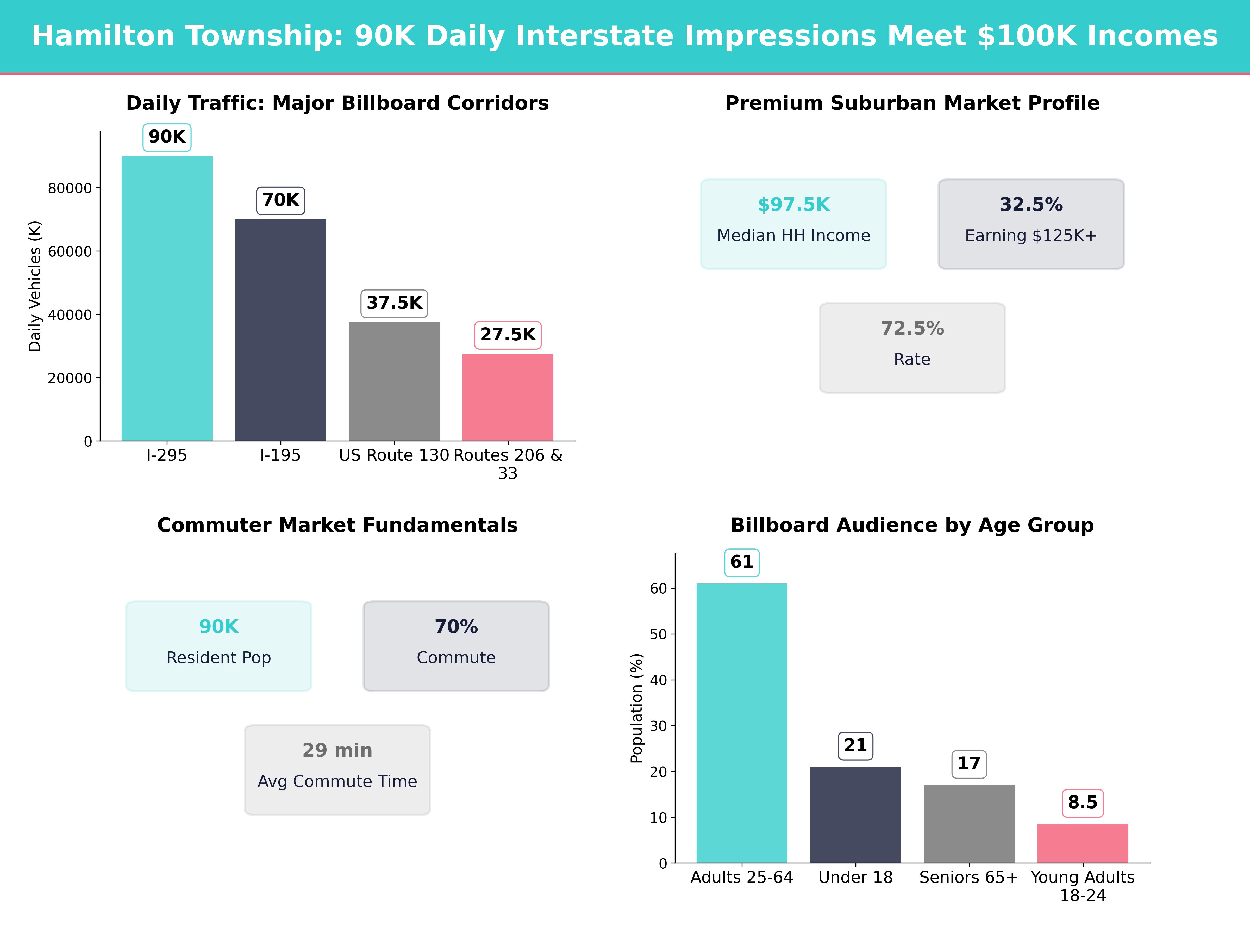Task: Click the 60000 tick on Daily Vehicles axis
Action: pyautogui.click(x=70, y=252)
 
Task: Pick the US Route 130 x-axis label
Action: pyautogui.click(x=394, y=455)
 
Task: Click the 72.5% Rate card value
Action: pyautogui.click(x=912, y=329)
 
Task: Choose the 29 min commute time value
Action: pyautogui.click(x=337, y=750)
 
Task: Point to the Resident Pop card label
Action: pyautogui.click(x=219, y=658)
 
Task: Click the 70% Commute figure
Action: pyautogui.click(x=456, y=626)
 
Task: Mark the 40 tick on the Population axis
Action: pyautogui.click(x=658, y=680)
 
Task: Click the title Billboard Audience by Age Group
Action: pyautogui.click(x=912, y=525)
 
